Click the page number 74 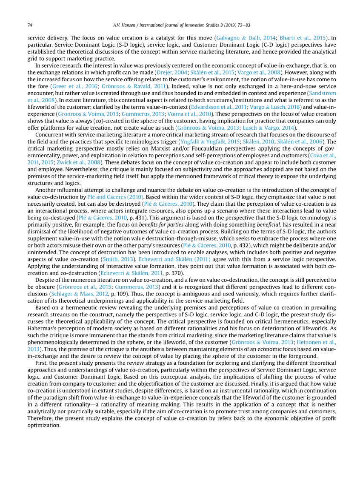(30, 25)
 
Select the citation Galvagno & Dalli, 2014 (240, 38)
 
